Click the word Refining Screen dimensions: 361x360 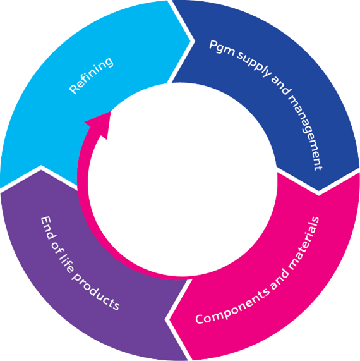(92, 76)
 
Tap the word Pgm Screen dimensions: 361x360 (220, 49)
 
